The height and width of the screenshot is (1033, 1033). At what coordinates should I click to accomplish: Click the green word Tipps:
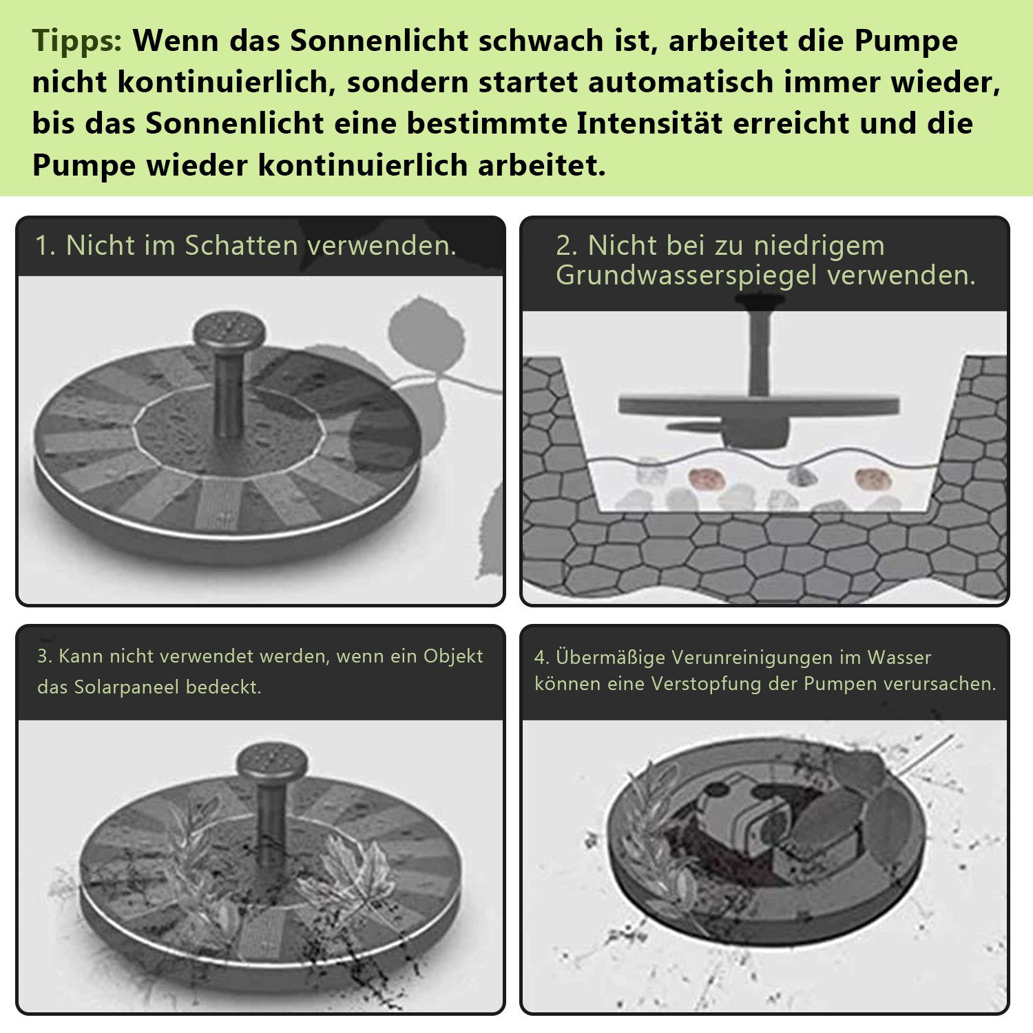(76, 41)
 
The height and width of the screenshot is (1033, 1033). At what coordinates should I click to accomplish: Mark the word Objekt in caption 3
(452, 656)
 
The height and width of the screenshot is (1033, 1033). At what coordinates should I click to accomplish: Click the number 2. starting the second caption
(567, 246)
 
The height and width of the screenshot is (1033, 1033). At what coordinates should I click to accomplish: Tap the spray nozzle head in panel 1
(229, 329)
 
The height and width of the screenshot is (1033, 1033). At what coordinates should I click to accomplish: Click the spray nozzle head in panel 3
(271, 760)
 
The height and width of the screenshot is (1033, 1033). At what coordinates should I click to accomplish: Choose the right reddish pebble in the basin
(870, 477)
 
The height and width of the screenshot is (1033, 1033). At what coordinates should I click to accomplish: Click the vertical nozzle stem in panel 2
(760, 351)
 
